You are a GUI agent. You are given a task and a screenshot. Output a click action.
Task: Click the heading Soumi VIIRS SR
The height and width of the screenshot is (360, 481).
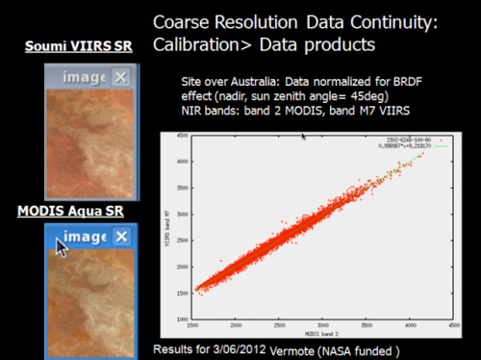pyautogui.click(x=79, y=47)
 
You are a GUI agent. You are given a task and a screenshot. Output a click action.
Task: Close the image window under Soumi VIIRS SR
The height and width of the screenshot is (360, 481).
pyautogui.click(x=120, y=78)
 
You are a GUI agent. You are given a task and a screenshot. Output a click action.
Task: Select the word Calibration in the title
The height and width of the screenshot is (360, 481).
pyautogui.click(x=202, y=44)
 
